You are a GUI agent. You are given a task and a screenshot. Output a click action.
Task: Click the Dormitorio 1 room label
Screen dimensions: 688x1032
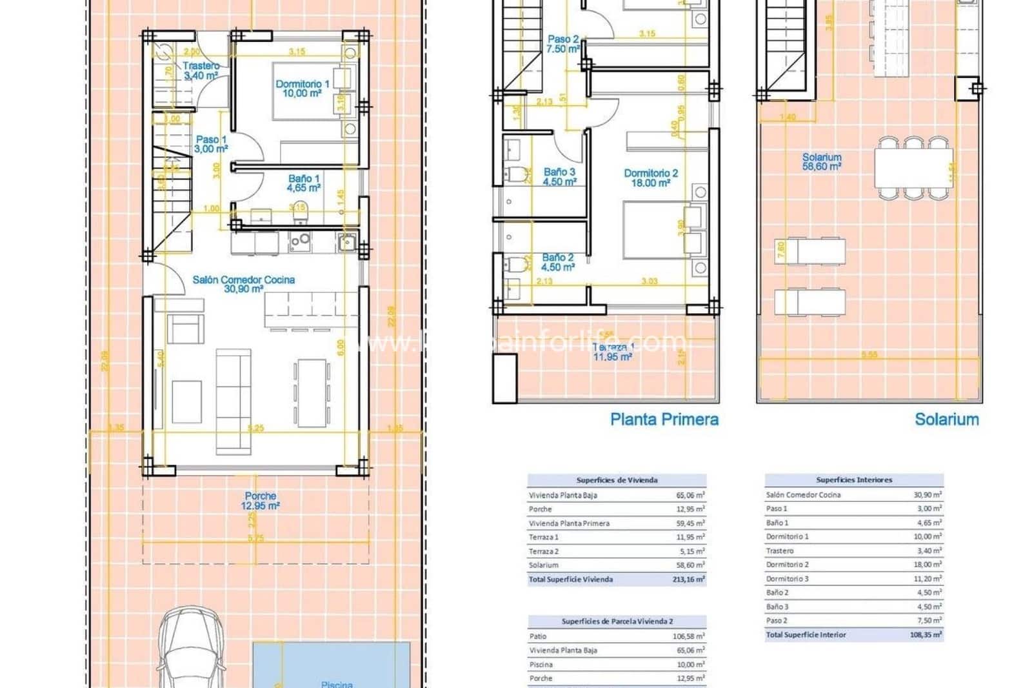[302, 88]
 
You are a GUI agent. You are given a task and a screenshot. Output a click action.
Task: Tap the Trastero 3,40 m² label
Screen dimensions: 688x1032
[201, 70]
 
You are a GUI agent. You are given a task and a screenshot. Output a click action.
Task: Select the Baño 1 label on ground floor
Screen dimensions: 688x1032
[304, 183]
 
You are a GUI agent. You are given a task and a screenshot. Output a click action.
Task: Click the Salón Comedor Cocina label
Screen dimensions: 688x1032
[244, 284]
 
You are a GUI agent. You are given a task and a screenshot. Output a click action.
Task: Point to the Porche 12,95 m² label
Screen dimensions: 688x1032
[261, 501]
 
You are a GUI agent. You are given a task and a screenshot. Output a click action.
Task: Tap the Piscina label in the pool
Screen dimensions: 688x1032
[337, 683]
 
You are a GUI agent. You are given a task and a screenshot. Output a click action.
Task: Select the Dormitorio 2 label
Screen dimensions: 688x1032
[651, 177]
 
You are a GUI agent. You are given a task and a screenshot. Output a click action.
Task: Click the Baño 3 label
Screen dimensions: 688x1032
[559, 177]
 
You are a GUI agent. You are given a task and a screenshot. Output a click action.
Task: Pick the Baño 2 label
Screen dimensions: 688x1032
[558, 262]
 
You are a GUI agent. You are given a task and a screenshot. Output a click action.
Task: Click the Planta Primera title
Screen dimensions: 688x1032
[664, 420]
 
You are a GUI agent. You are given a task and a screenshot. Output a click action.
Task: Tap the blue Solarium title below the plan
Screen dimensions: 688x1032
[946, 420]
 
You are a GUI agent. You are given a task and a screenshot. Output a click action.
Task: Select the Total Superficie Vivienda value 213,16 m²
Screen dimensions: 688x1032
[688, 580]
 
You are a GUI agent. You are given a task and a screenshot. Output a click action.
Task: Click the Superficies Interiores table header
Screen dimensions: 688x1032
[854, 480]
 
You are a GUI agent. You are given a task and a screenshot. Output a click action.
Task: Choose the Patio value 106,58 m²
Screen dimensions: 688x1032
[688, 636]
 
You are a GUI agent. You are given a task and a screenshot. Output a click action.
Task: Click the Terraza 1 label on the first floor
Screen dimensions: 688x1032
[612, 352]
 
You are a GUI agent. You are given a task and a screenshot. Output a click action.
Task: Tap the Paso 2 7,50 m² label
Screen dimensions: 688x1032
[563, 44]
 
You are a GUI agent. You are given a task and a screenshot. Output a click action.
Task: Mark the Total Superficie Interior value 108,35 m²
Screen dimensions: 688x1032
[926, 635]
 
